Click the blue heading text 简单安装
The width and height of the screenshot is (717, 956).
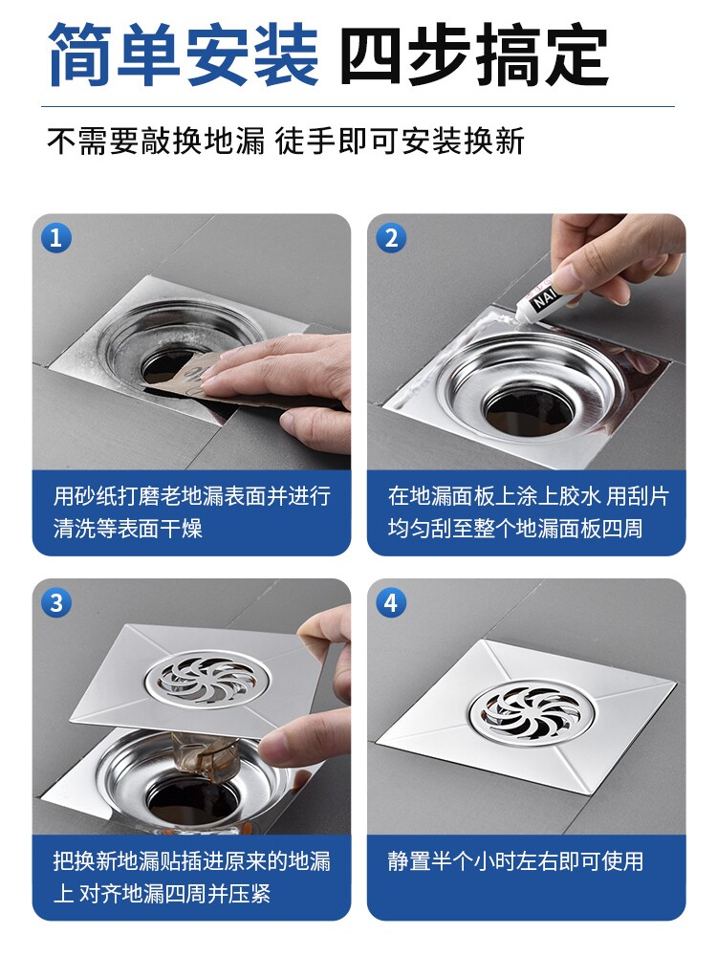coord(184,54)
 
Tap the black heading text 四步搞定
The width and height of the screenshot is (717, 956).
coord(474,54)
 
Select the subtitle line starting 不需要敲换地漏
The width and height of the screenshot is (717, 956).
coord(285,141)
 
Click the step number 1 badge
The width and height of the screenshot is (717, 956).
coord(56,237)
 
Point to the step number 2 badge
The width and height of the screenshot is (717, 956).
coord(391,237)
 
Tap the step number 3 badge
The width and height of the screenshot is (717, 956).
coord(56,602)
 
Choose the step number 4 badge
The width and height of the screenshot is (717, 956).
coord(391,602)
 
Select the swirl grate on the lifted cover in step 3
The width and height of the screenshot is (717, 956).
coord(207,679)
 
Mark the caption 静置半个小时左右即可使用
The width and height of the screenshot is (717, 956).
coord(516,861)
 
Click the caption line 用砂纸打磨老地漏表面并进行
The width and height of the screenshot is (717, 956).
coord(192,495)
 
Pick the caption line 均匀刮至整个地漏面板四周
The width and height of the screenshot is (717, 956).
coord(516,528)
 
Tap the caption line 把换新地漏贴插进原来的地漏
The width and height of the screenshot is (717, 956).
coord(192,861)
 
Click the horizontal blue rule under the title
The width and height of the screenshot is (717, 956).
coord(358,107)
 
